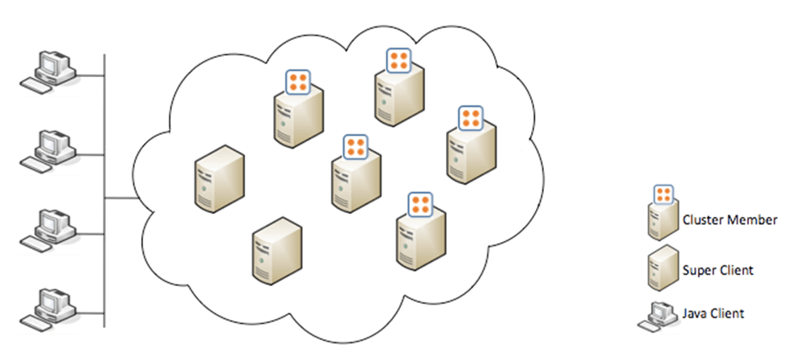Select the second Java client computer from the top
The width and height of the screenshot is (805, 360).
pyautogui.click(x=50, y=149)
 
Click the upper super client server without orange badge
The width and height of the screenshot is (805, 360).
pyautogui.click(x=219, y=178)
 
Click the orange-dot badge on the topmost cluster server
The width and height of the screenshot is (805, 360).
pyautogui.click(x=398, y=60)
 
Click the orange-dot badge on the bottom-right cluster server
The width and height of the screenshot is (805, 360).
pyautogui.click(x=420, y=204)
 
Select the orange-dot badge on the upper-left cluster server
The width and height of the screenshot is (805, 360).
pyautogui.click(x=299, y=81)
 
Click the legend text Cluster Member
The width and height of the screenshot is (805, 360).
pyautogui.click(x=729, y=219)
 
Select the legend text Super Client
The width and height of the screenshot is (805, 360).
pyautogui.click(x=717, y=270)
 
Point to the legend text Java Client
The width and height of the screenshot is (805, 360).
pyautogui.click(x=713, y=313)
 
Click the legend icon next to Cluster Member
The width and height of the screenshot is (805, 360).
pyautogui.click(x=662, y=214)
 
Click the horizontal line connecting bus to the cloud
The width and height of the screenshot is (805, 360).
pyautogui.click(x=121, y=196)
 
